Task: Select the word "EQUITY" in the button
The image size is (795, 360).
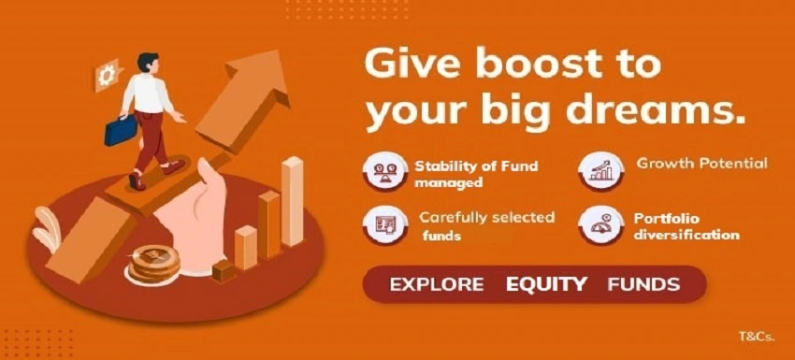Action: [x=547, y=284]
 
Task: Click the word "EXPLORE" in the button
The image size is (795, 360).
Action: [x=437, y=284]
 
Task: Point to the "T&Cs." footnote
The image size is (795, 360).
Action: [x=755, y=336]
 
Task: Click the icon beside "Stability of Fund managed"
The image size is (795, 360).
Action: [x=384, y=174]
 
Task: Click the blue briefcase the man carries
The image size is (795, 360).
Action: [x=121, y=129]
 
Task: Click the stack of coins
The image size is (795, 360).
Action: [x=154, y=265]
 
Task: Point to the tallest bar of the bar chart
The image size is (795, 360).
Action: [x=293, y=201]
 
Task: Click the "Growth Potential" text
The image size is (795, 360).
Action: [x=701, y=164]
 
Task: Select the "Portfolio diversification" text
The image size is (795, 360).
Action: [x=686, y=226]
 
